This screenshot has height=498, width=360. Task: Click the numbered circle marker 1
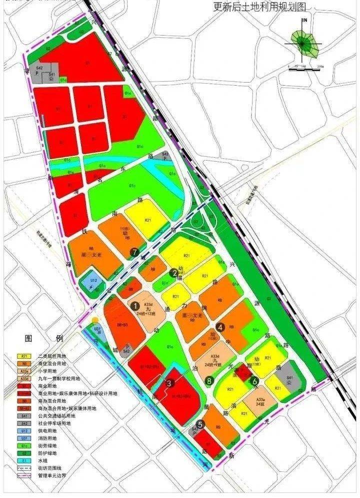click(134, 304)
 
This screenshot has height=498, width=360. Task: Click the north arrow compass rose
click(302, 43)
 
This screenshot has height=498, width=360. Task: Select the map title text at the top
click(259, 7)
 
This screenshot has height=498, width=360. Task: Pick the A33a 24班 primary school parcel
click(260, 402)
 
